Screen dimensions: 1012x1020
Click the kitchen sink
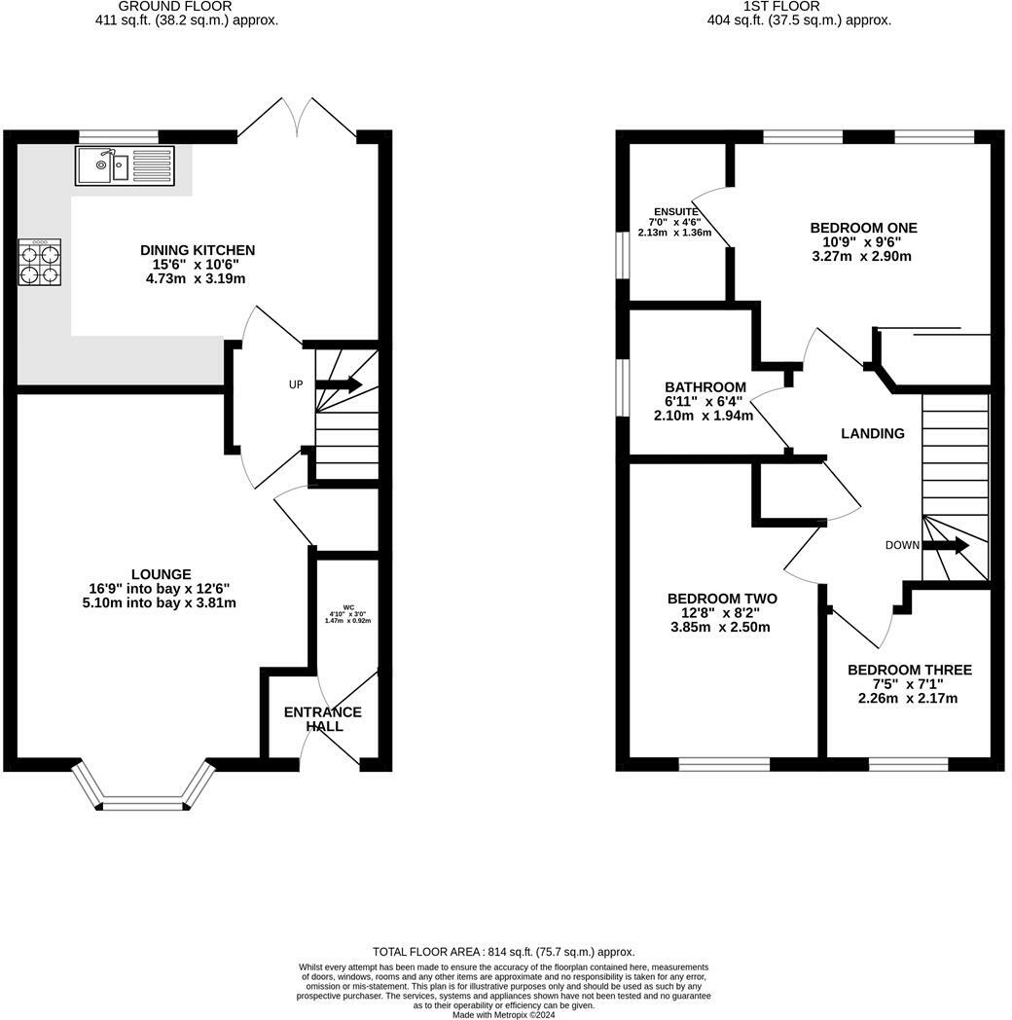pos(125,165)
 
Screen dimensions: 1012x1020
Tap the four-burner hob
pos(40,262)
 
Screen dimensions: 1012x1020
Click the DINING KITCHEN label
pos(198,250)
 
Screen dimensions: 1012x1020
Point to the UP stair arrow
pos(339,384)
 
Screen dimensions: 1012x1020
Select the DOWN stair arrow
pos(946,545)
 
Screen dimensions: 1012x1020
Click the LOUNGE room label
pos(162,574)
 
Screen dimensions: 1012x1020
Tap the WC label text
pos(348,607)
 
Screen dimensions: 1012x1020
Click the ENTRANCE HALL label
pos(323,719)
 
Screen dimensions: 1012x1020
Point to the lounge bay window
pos(143,784)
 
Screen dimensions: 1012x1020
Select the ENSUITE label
pos(675,211)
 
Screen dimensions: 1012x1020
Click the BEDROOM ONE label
pos(864,228)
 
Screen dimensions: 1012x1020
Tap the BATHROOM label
pos(705,387)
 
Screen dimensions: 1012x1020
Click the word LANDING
pos(873,433)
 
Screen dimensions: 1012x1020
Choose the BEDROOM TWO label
pos(722,599)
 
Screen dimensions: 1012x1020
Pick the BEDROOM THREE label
pos(909,670)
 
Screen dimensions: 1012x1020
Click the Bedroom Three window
pos(908,764)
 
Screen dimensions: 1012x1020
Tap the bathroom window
pos(623,387)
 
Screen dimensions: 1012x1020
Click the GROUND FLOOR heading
pos(175,7)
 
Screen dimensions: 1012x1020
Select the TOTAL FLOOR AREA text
pos(503,952)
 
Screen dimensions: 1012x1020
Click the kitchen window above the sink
pos(119,136)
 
